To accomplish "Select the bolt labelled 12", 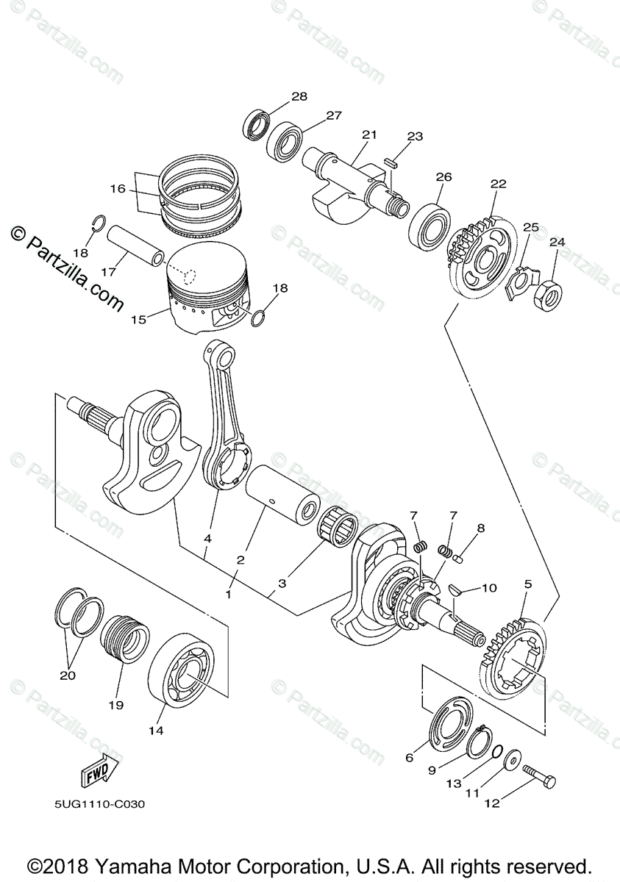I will (x=540, y=772).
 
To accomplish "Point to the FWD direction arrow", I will (x=96, y=772).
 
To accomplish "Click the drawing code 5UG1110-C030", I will (x=99, y=804).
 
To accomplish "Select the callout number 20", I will (x=67, y=674).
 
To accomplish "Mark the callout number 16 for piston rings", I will (x=118, y=189).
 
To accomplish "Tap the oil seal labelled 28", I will (x=256, y=123).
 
